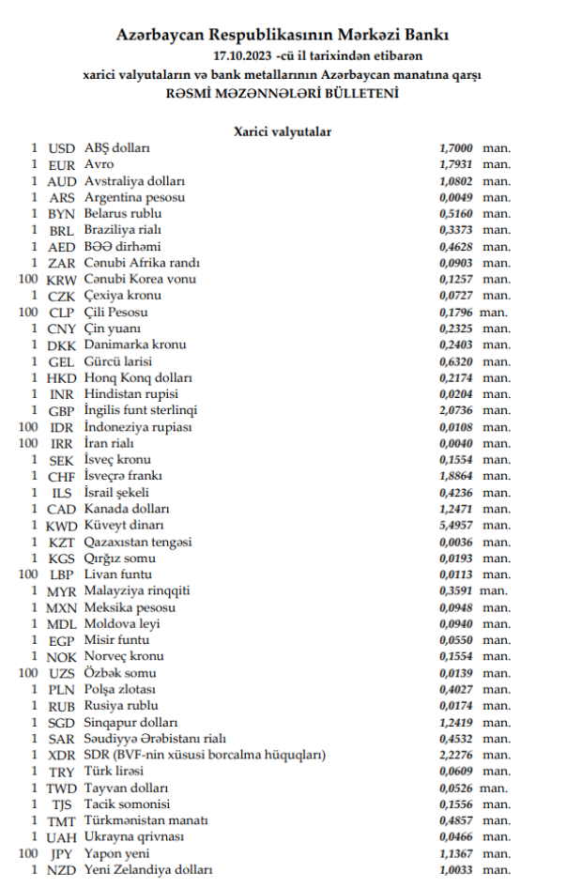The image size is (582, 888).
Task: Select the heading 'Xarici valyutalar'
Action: (282, 132)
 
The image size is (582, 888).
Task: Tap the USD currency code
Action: (61, 149)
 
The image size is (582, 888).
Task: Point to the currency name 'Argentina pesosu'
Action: (134, 198)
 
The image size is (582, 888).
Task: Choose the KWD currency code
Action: (61, 526)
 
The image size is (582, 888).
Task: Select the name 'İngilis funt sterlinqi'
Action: (141, 411)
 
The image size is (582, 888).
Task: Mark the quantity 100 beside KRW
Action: (28, 280)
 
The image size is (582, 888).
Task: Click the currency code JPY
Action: (61, 854)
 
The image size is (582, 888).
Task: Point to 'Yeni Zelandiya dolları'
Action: (148, 871)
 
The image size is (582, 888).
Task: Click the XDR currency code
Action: (61, 756)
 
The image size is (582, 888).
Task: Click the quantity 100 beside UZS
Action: (28, 673)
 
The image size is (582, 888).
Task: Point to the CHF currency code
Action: (61, 477)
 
